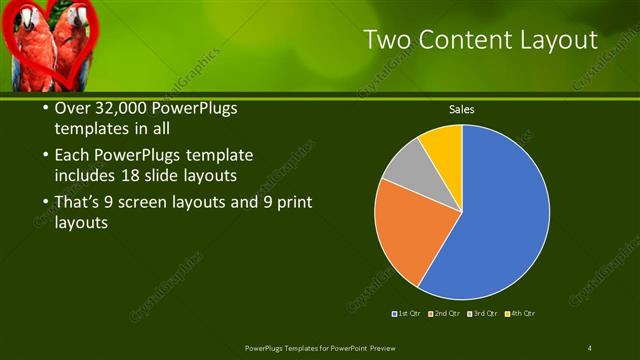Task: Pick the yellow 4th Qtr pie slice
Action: tap(443, 143)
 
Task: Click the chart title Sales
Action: tap(461, 109)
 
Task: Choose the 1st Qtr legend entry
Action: tap(406, 314)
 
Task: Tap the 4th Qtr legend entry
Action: tap(521, 314)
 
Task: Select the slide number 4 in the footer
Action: tap(590, 347)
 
